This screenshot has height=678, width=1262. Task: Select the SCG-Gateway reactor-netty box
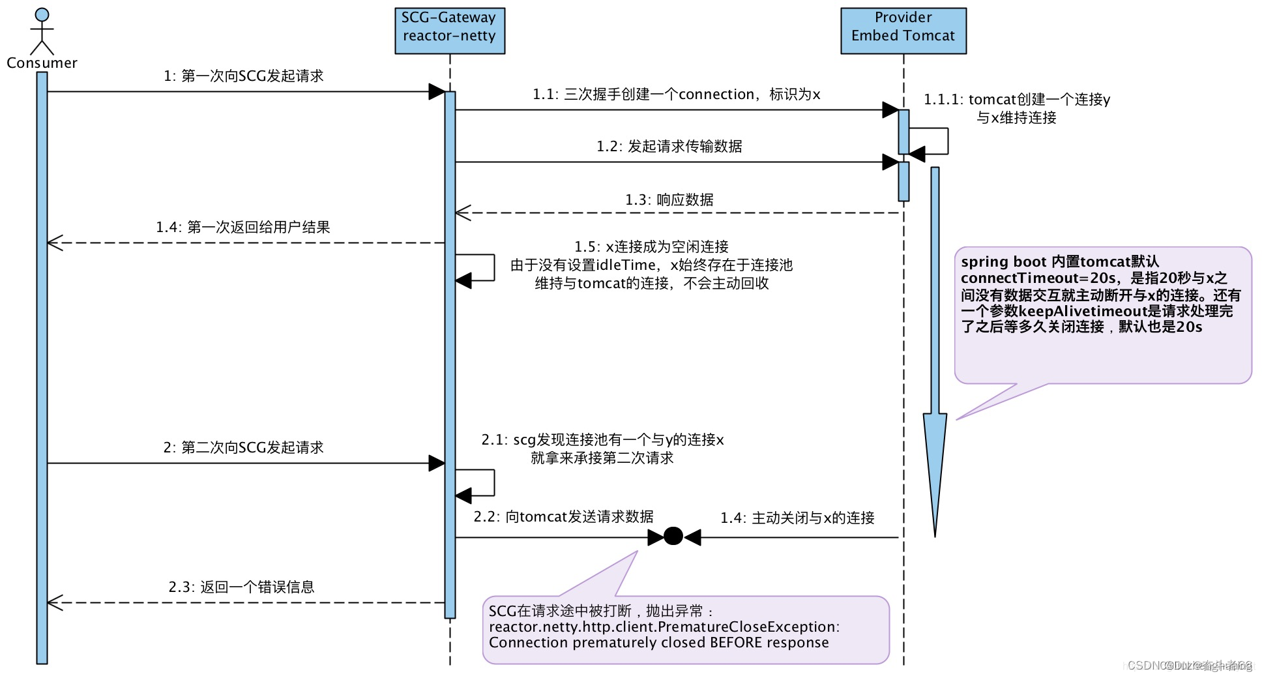449,31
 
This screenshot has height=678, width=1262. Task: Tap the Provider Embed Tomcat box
903,31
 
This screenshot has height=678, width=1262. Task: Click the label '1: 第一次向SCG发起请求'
243,76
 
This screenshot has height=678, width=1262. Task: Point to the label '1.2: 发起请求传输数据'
669,147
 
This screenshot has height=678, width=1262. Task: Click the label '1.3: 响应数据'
669,200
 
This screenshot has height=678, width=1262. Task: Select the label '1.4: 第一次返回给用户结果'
242,228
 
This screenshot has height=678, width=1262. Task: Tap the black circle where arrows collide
673,537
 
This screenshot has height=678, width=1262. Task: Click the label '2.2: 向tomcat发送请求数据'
563,517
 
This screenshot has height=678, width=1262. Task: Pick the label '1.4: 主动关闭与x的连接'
797,518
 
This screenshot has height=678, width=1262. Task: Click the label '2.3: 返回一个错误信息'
241,587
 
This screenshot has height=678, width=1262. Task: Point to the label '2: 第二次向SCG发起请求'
243,448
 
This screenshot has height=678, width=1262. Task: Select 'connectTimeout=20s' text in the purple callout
1038,278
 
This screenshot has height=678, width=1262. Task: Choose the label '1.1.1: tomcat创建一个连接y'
1016,100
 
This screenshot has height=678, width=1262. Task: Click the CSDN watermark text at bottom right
1189,666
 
